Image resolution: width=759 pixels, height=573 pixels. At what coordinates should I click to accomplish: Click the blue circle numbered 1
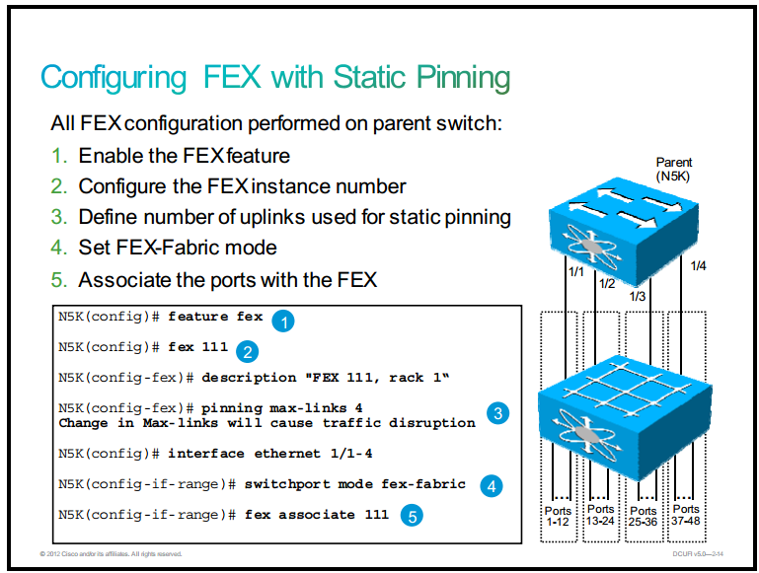pyautogui.click(x=283, y=322)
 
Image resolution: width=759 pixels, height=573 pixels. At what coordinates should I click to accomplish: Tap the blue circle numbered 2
pyautogui.click(x=248, y=351)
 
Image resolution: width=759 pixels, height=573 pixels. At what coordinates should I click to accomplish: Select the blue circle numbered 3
pyautogui.click(x=497, y=413)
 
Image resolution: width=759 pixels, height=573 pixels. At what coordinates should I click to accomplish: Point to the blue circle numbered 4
pyautogui.click(x=492, y=486)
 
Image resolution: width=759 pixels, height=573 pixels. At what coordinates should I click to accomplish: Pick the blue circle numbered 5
pyautogui.click(x=412, y=516)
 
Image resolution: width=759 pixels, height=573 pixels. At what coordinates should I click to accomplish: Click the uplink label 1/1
pyautogui.click(x=576, y=272)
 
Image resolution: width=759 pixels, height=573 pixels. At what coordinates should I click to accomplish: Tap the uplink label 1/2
pyautogui.click(x=607, y=284)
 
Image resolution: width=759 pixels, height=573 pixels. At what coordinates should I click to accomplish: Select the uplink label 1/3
pyautogui.click(x=638, y=296)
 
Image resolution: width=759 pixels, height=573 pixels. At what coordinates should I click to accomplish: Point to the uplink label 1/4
pyautogui.click(x=698, y=265)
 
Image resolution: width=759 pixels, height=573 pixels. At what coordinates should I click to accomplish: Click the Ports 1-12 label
pyautogui.click(x=558, y=517)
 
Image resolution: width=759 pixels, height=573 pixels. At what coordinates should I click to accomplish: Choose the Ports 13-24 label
pyautogui.click(x=600, y=515)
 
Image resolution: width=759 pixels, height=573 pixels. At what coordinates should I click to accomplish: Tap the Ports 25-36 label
pyautogui.click(x=643, y=517)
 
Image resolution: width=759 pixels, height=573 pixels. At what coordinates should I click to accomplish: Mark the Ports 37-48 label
pyautogui.click(x=686, y=515)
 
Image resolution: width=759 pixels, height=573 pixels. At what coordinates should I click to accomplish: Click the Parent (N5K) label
pyautogui.click(x=674, y=169)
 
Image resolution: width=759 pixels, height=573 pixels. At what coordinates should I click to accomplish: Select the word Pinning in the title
pyautogui.click(x=463, y=77)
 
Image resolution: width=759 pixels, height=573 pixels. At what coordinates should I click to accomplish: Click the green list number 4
pyautogui.click(x=58, y=248)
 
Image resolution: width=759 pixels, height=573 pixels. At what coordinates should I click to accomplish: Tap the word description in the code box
pyautogui.click(x=249, y=378)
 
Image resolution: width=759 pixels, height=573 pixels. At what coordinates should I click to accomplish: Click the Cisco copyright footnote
pyautogui.click(x=111, y=554)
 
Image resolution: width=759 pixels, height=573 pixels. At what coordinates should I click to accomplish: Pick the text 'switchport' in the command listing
pyautogui.click(x=286, y=484)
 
